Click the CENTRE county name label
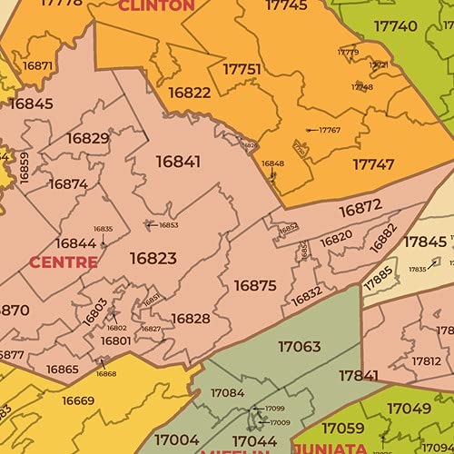click(x=64, y=262)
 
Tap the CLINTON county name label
click(x=156, y=5)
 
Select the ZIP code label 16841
click(x=178, y=161)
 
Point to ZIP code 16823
click(x=153, y=258)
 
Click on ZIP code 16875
click(x=255, y=285)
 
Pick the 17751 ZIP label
click(x=242, y=69)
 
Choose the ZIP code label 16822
click(x=190, y=93)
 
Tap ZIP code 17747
click(x=373, y=164)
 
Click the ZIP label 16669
click(x=78, y=400)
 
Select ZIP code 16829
click(x=88, y=138)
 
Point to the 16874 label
click(x=68, y=183)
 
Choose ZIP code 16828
click(x=191, y=318)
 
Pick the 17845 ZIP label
click(x=425, y=242)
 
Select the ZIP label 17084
click(x=227, y=393)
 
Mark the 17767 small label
click(x=329, y=130)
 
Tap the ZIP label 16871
click(x=38, y=65)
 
